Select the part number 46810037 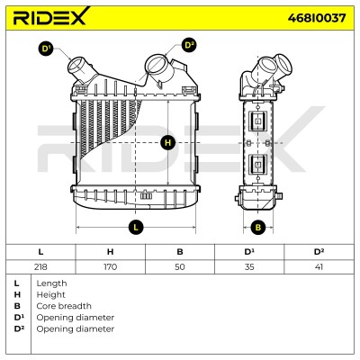[x=317, y=18]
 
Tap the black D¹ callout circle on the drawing [x=46, y=49]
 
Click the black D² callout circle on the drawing [x=189, y=45]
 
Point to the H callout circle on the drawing [x=167, y=142]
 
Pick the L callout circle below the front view [x=136, y=227]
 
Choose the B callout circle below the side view [x=258, y=227]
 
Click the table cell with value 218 [x=40, y=266]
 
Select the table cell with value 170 [x=110, y=266]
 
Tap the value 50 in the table [x=180, y=266]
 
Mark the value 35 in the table [x=249, y=266]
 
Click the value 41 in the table [x=319, y=266]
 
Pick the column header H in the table [x=110, y=252]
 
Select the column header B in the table [x=180, y=252]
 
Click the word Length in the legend [x=51, y=283]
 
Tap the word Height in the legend [x=50, y=295]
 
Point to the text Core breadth [x=64, y=306]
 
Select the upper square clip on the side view [x=257, y=120]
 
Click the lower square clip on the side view [x=257, y=164]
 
